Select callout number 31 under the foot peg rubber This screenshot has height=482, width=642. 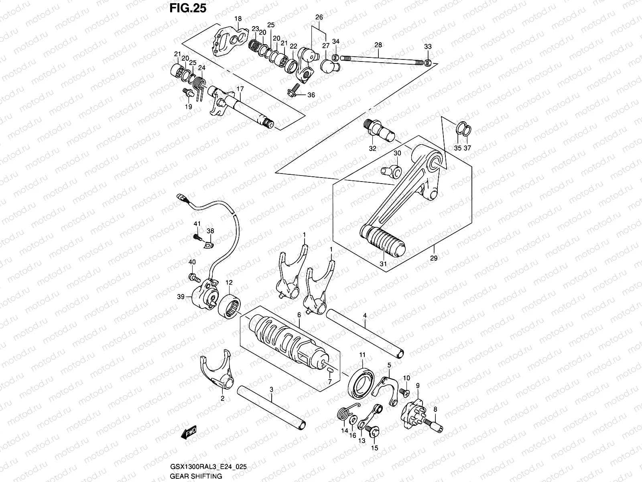point(383,264)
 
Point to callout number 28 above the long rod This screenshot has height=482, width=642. point(378,45)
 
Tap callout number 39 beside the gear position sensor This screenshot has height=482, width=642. point(181,297)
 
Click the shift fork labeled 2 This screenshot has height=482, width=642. point(219,372)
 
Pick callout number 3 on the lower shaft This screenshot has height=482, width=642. point(271,389)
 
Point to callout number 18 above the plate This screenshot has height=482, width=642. point(238,18)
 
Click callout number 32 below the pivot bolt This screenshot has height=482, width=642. point(373,148)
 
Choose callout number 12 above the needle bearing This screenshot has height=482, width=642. point(229,283)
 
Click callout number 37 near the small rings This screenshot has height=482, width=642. point(467,148)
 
